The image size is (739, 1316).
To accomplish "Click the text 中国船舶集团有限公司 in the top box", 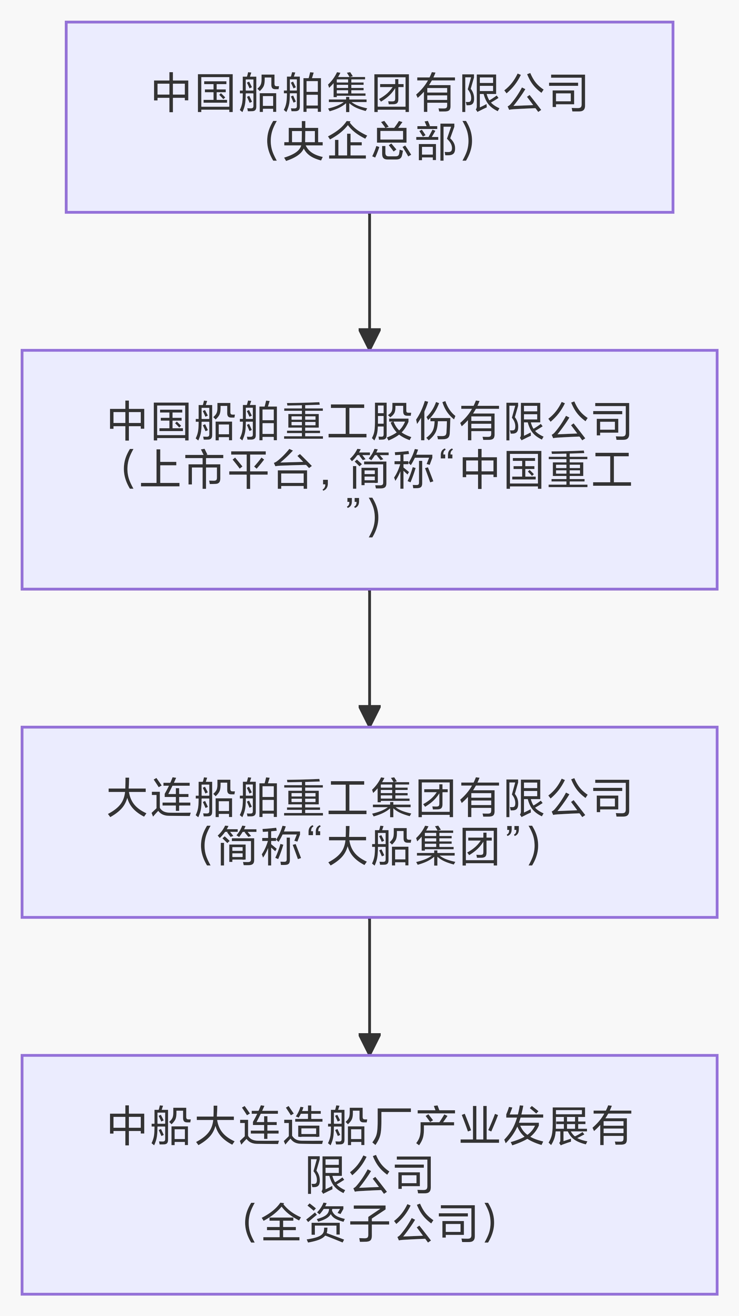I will (x=369, y=93).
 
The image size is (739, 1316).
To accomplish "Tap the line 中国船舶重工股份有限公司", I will (x=369, y=422).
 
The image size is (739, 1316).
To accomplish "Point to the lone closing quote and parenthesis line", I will (x=363, y=517).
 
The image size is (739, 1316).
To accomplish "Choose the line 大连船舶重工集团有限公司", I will (x=369, y=798).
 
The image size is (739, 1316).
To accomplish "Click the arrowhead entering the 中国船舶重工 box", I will (x=369, y=339).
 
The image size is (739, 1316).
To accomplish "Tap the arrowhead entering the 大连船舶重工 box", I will (x=369, y=715).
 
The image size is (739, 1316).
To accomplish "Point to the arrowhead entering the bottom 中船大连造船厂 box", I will (x=369, y=1043).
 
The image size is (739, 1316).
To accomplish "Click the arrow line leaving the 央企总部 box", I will (x=369, y=271).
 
